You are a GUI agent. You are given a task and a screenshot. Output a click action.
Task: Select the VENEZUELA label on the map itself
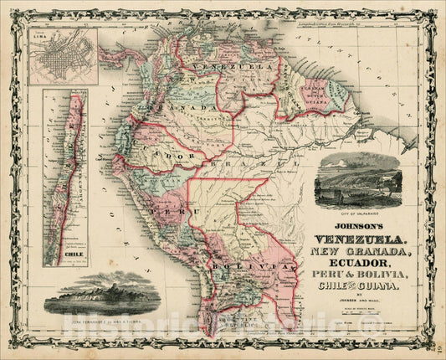tap(223, 66)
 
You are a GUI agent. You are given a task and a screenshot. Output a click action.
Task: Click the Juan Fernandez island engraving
tap(100, 292)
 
